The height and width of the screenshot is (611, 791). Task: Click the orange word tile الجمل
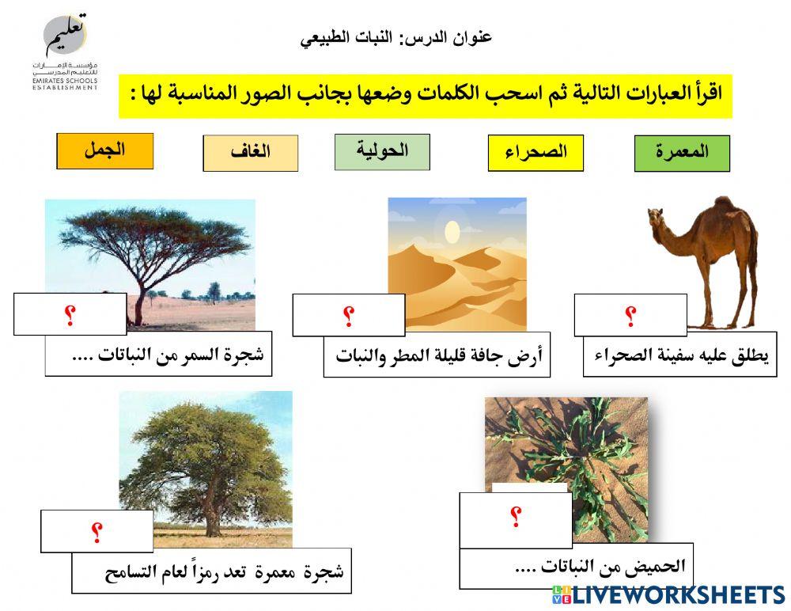click(104, 151)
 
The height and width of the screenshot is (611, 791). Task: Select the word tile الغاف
click(250, 154)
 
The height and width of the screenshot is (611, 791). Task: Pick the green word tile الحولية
click(382, 152)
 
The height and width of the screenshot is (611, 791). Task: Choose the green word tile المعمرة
click(682, 154)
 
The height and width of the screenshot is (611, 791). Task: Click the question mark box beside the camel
click(630, 315)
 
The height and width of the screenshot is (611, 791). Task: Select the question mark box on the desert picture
click(348, 315)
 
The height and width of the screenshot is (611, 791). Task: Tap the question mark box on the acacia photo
click(70, 313)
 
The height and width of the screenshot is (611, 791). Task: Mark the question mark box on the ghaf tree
click(97, 531)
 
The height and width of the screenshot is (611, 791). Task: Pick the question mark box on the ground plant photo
click(515, 517)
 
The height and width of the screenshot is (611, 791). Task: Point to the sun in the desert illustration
click(452, 232)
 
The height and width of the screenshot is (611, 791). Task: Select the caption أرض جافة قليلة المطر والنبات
click(437, 355)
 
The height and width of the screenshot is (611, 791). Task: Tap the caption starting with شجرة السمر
click(158, 354)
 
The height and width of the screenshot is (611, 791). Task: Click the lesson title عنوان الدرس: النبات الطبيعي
click(396, 37)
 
